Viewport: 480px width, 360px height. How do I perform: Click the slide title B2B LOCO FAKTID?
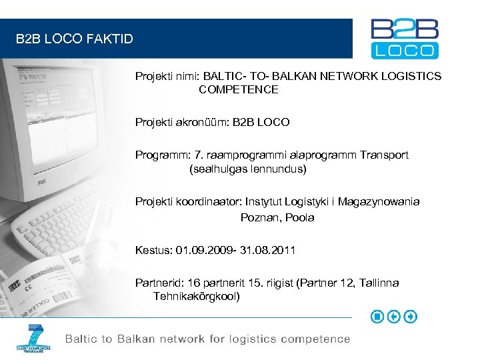(x=75, y=39)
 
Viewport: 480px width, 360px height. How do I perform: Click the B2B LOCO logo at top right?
(x=405, y=38)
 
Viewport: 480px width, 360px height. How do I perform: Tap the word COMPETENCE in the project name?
(x=238, y=89)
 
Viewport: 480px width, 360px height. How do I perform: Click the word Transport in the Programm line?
(x=384, y=155)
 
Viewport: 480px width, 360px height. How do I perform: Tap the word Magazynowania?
(x=379, y=201)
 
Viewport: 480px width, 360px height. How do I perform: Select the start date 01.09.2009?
(x=200, y=250)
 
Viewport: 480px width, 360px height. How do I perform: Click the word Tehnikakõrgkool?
(x=196, y=296)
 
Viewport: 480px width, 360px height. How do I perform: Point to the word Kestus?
(x=153, y=250)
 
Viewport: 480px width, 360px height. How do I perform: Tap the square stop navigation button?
(x=377, y=317)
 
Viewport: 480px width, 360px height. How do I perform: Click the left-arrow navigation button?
(x=394, y=317)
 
